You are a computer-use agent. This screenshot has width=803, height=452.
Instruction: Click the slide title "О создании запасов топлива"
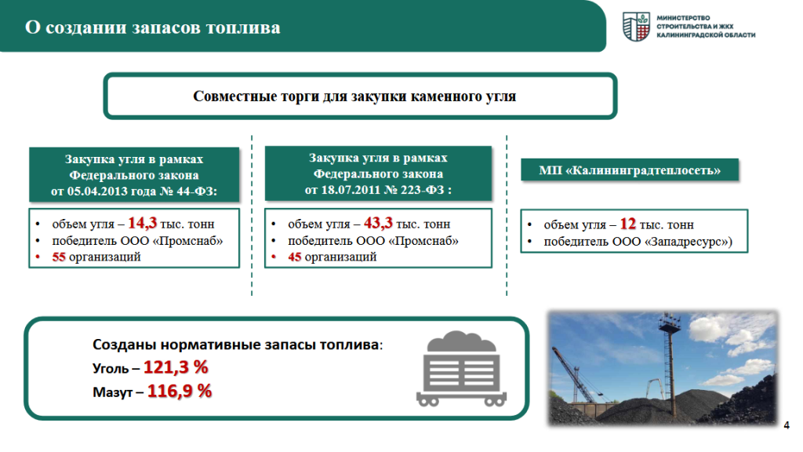coord(153,27)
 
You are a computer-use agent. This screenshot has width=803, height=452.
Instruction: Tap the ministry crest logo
coord(636,27)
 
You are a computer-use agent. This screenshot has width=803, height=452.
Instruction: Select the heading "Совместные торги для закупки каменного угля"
coord(354,97)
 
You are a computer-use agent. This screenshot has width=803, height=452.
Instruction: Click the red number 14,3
coord(143,223)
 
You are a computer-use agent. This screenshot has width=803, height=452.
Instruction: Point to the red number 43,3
coord(378,223)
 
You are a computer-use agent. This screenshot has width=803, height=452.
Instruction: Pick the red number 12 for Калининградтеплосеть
coord(628,224)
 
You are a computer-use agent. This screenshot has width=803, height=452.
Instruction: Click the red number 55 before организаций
coord(59,257)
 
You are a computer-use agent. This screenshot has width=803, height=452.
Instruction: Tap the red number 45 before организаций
coord(295,257)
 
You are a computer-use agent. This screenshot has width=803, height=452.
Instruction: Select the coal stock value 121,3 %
coord(176,367)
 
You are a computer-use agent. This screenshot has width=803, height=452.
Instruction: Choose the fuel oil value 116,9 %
coord(180,391)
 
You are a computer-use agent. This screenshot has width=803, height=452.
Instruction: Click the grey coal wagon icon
coord(461,369)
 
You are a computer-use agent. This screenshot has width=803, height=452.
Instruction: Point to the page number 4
coord(787,425)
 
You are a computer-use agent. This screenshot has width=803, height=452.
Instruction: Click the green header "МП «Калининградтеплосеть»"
coord(630,170)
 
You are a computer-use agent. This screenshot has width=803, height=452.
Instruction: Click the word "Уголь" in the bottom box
coord(110,369)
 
